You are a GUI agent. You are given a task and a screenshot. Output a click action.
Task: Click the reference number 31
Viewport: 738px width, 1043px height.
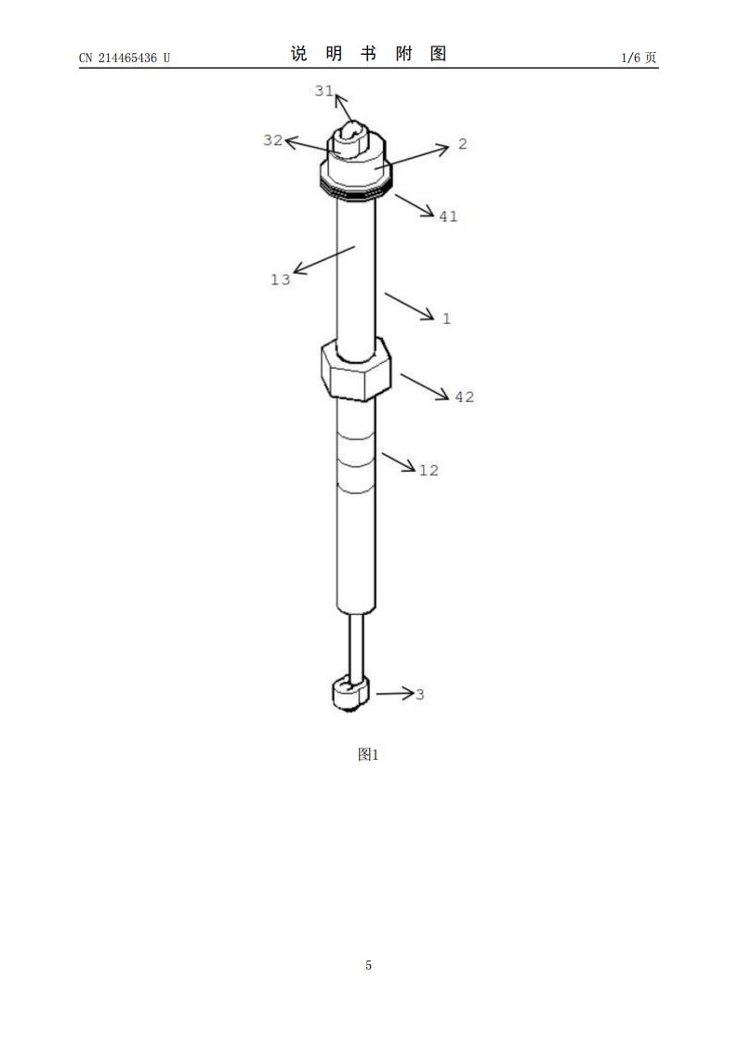pyautogui.click(x=323, y=90)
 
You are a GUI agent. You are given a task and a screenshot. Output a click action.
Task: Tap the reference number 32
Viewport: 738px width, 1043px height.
pyautogui.click(x=273, y=140)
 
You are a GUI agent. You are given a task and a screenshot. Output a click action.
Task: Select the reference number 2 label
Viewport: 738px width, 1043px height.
pyautogui.click(x=463, y=144)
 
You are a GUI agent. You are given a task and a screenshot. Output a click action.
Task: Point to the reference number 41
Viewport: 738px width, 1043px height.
pyautogui.click(x=449, y=216)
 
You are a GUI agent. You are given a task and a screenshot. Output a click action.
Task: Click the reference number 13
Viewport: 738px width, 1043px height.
pyautogui.click(x=280, y=280)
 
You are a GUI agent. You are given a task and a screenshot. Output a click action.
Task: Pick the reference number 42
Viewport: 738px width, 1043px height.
pyautogui.click(x=465, y=398)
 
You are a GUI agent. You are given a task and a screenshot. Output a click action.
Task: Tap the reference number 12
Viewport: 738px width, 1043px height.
pyautogui.click(x=428, y=470)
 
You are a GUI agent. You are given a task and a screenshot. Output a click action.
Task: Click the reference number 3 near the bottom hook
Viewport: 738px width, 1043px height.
pyautogui.click(x=420, y=695)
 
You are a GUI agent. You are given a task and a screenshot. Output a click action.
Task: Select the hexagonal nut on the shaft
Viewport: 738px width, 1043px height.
pyautogui.click(x=355, y=369)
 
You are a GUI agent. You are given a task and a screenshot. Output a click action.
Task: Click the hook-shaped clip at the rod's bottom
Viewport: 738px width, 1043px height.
pyautogui.click(x=349, y=694)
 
